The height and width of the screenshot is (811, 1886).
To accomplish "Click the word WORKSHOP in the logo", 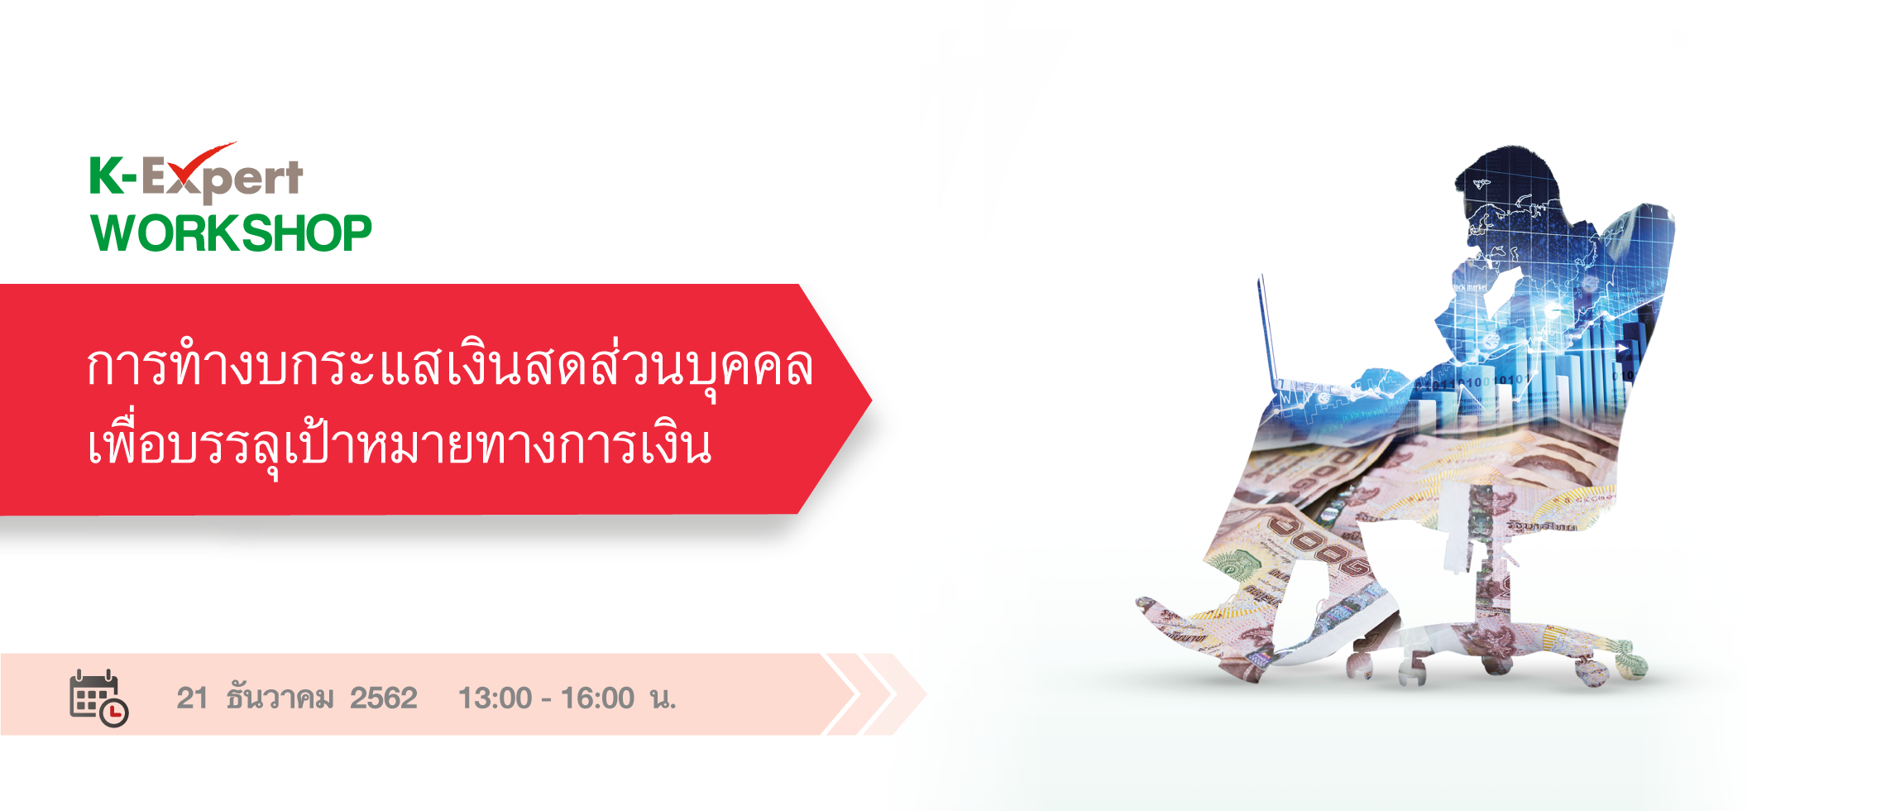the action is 231,233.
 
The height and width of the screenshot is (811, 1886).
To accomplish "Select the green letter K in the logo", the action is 105,175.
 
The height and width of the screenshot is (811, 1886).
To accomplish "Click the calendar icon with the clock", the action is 98,698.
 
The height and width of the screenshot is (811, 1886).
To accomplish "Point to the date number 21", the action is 192,698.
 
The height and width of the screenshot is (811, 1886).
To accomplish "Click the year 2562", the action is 383,698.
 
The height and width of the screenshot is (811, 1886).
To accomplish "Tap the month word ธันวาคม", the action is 280,698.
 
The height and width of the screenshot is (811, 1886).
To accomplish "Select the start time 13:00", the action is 495,698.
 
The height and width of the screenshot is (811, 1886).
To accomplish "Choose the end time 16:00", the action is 597,698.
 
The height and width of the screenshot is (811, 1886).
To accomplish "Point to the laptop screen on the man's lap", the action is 1266,331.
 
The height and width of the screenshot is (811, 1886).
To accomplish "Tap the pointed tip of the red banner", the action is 871,400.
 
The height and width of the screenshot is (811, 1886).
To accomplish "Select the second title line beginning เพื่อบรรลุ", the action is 399,444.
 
